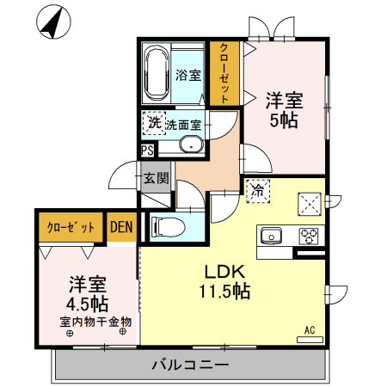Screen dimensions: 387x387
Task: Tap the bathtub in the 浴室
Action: pyautogui.click(x=157, y=75)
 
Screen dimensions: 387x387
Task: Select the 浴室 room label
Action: pyautogui.click(x=188, y=75)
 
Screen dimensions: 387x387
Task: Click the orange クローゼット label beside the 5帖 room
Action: pyautogui.click(x=225, y=73)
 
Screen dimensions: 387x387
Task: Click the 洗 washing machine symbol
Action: pyautogui.click(x=154, y=124)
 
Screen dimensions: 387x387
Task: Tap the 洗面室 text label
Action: pyautogui.click(x=183, y=125)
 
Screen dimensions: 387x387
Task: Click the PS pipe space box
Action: pyautogui.click(x=148, y=150)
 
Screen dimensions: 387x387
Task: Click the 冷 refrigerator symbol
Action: pyautogui.click(x=256, y=191)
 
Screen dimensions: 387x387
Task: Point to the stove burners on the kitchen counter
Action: pyautogui.click(x=309, y=235)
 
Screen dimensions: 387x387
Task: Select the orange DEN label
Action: pyautogui.click(x=121, y=227)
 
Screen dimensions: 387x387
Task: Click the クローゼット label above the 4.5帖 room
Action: pyautogui.click(x=70, y=227)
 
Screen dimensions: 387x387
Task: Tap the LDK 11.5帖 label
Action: pyautogui.click(x=226, y=280)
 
